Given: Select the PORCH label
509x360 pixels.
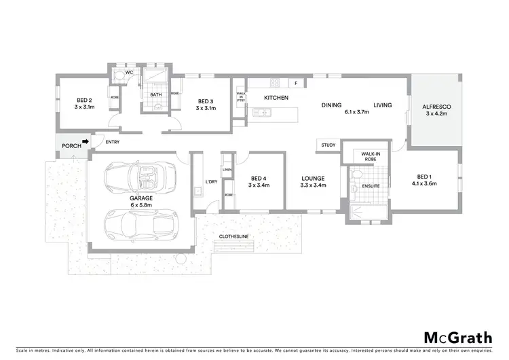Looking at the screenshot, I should tap(71, 145).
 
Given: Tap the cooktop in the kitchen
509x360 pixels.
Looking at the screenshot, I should tap(276, 84).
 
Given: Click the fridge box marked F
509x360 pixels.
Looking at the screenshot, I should tap(297, 84).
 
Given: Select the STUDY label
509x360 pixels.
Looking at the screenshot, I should tap(328, 145).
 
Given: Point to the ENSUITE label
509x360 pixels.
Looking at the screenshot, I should tap(370, 185).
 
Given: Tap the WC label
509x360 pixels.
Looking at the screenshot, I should tap(128, 73).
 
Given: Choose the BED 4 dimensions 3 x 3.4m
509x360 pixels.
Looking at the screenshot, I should tap(259, 185).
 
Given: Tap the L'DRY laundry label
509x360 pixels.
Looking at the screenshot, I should tap(210, 182).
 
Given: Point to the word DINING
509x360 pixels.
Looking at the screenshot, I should tap(331, 105).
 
